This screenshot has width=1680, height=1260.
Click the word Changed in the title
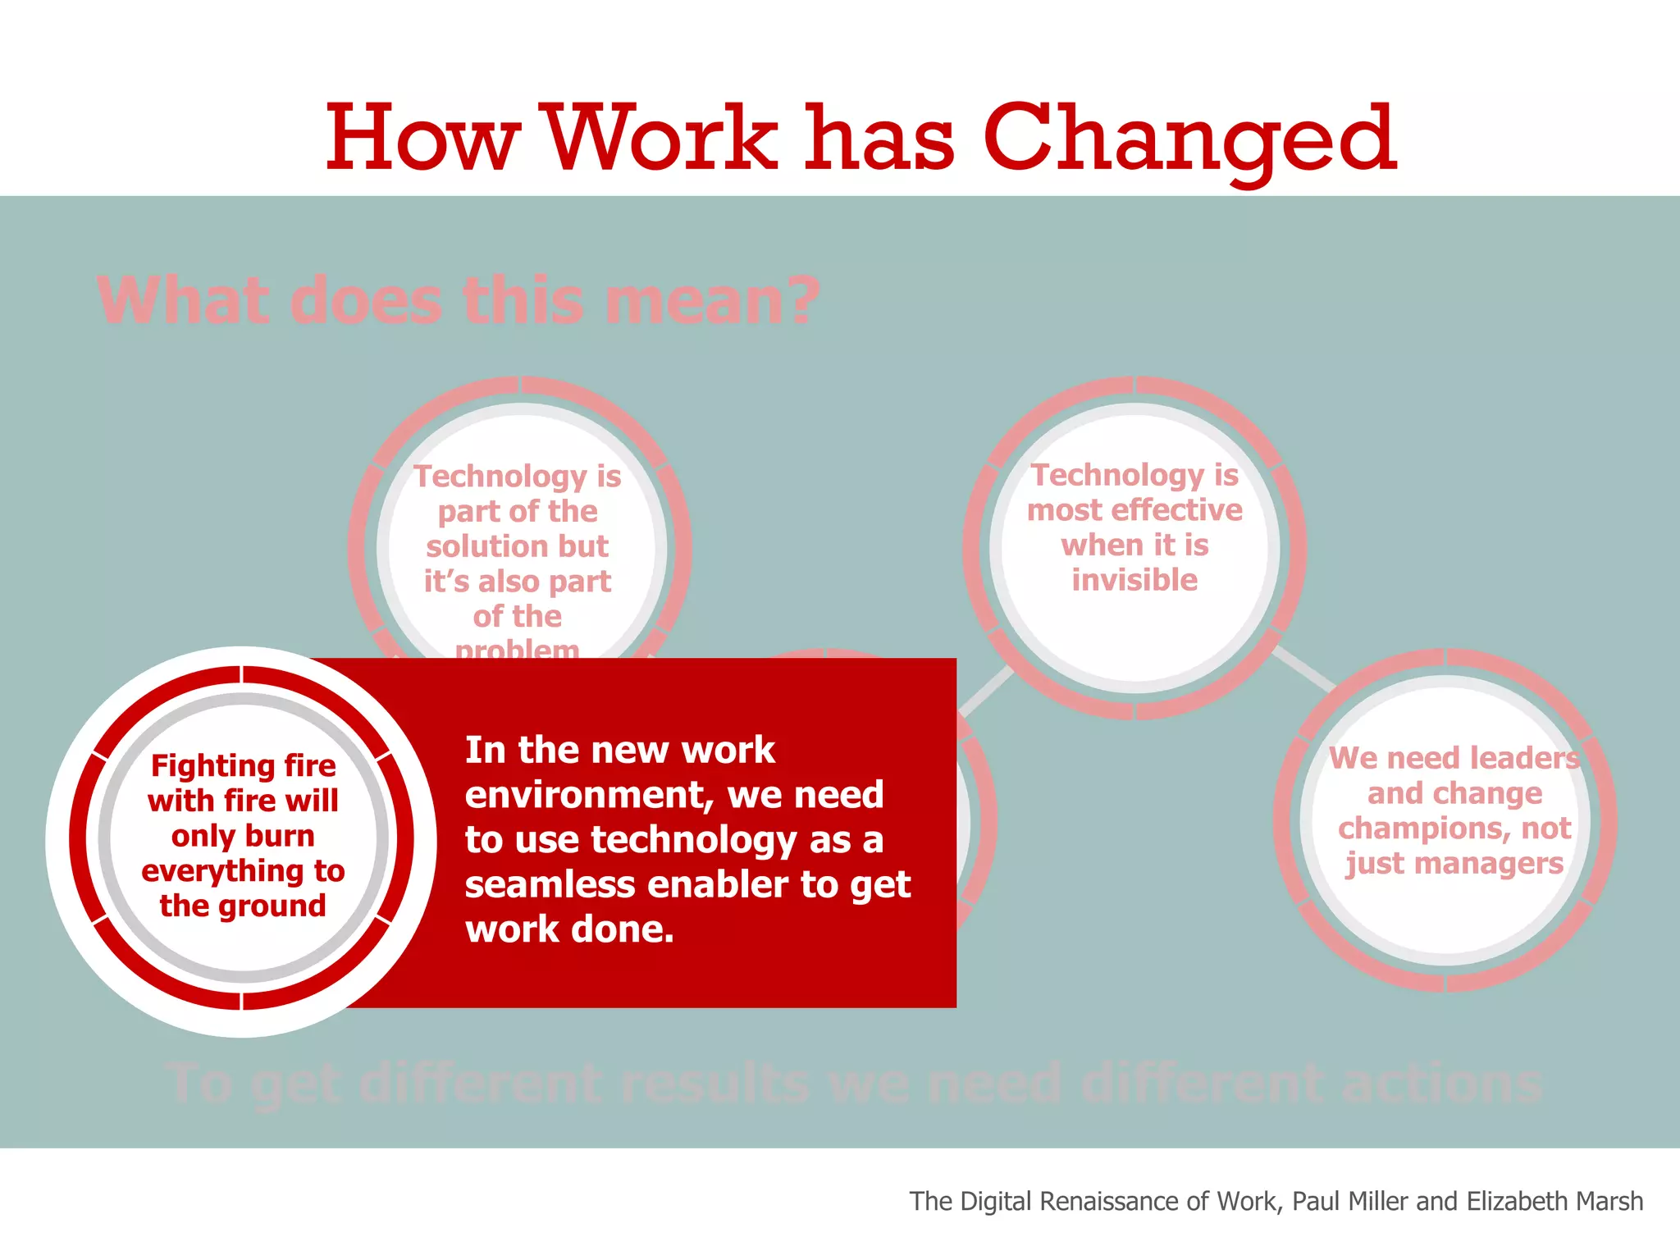pos(1189,139)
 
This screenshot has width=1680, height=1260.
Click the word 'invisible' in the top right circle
pos(1134,580)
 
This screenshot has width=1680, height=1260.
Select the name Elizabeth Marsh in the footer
pos(1554,1201)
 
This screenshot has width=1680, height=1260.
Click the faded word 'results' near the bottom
pos(714,1083)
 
